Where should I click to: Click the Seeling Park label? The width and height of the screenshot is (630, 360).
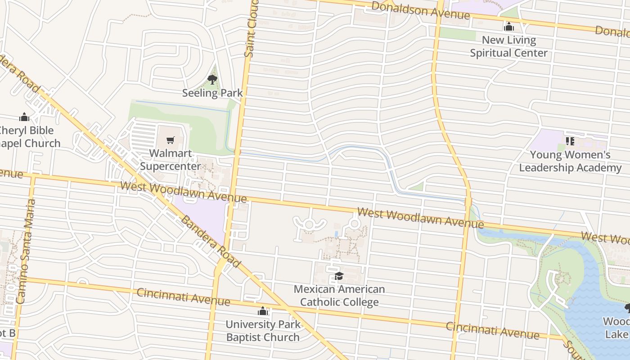coord(212,93)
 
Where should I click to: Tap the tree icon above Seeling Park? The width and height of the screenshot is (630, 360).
coord(212,80)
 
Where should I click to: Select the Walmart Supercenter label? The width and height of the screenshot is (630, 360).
coord(170,160)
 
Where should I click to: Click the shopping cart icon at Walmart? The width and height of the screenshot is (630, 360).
coord(170,141)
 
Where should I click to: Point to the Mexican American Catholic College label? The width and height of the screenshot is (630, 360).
coord(339,295)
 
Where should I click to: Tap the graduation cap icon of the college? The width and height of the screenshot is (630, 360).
coord(339,276)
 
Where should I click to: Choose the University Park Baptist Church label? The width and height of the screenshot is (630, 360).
coord(263,331)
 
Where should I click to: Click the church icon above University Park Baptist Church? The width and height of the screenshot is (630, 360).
coord(263,311)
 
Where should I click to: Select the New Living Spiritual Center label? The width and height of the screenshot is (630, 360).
coord(509,46)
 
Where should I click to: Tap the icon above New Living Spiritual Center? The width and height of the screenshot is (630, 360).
coord(509,27)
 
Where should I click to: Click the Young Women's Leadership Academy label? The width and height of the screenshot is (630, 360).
coord(570,161)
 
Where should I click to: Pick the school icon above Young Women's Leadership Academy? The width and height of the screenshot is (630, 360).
coord(570,141)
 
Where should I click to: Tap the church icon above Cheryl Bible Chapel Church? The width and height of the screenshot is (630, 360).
coord(24,117)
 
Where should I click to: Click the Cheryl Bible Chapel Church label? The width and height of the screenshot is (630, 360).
coord(28,137)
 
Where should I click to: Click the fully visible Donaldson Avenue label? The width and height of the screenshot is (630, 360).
coord(421,10)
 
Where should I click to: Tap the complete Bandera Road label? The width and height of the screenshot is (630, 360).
coord(210,242)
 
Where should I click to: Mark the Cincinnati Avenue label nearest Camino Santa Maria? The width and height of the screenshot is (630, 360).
coord(183,297)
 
